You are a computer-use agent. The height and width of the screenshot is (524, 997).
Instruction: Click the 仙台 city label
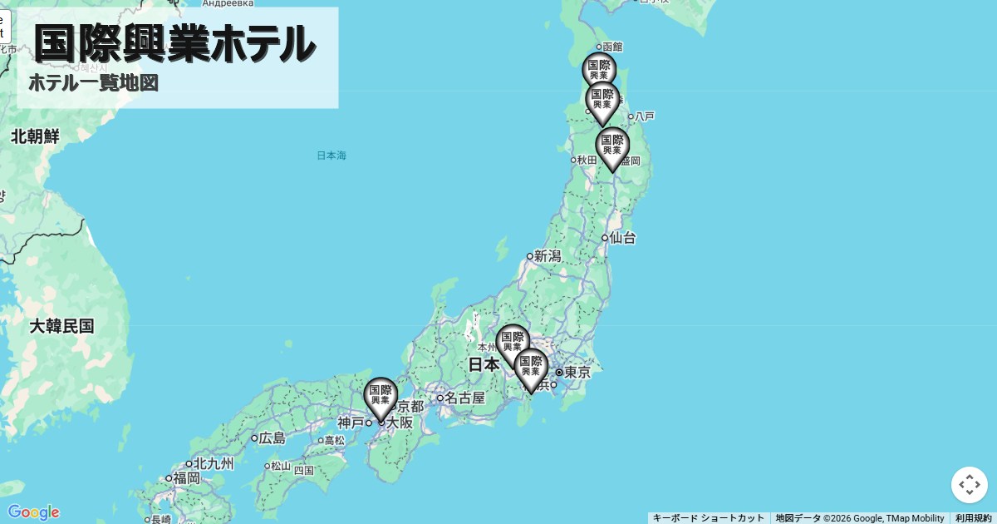tap(622, 238)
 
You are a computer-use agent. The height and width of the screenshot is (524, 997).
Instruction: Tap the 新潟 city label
tap(548, 256)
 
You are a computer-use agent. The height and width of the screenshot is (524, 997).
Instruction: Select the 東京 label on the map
tap(577, 373)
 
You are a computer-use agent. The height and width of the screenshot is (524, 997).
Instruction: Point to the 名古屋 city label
tap(464, 398)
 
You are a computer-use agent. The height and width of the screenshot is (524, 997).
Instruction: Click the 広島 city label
tap(272, 437)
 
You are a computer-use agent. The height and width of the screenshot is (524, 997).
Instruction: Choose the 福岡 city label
tap(186, 478)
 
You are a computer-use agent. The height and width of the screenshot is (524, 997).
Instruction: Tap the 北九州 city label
tap(214, 463)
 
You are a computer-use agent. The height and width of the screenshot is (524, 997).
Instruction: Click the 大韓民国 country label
tap(61, 326)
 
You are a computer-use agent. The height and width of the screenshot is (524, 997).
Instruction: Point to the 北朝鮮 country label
tap(35, 137)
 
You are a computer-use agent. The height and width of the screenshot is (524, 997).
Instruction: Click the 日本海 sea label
tap(332, 156)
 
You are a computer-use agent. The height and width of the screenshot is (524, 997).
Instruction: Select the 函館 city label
tap(612, 47)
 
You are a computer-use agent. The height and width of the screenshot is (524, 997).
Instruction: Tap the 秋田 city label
tap(587, 160)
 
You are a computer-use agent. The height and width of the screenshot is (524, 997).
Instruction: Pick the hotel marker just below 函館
tap(598, 71)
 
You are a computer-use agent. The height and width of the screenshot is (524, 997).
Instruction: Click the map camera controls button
tap(969, 485)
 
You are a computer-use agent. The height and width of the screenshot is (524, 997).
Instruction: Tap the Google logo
tap(33, 512)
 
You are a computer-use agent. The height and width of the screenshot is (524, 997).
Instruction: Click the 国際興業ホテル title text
tap(174, 43)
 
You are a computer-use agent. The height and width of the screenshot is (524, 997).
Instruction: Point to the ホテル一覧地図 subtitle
tap(93, 83)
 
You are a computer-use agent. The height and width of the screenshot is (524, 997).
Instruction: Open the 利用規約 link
tap(973, 518)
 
